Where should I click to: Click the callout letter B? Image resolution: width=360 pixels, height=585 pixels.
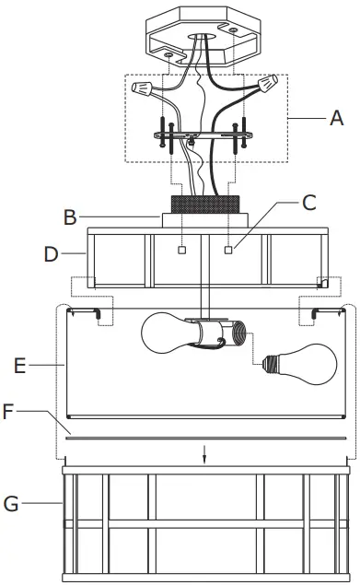click(69, 217)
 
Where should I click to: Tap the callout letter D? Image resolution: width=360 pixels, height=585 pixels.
click(51, 252)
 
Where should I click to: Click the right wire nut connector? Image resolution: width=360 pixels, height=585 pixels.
click(268, 86)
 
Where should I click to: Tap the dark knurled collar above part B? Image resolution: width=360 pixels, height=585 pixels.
click(204, 204)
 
